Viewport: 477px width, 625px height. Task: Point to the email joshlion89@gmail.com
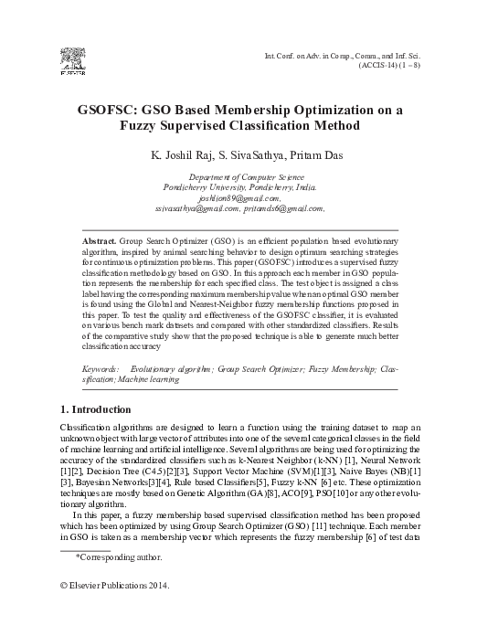(238, 196)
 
